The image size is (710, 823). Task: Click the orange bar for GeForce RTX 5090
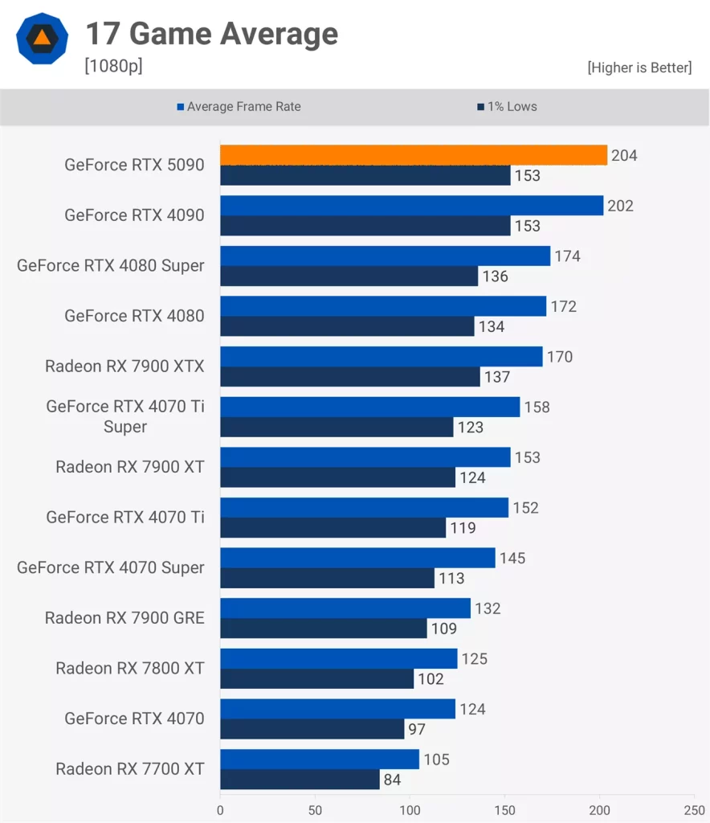[x=413, y=155]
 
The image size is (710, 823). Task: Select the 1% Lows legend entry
[x=507, y=107]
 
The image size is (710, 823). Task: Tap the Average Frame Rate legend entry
[x=239, y=107]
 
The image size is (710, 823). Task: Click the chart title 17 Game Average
[x=211, y=34]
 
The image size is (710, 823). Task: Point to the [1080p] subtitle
[x=113, y=66]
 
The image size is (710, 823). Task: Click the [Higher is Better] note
[x=639, y=68]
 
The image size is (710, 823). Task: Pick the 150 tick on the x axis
[x=505, y=809]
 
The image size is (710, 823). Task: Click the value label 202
[x=620, y=206]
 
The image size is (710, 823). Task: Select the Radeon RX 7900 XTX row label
[x=124, y=366]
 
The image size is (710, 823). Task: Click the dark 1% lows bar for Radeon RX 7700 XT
[x=300, y=780]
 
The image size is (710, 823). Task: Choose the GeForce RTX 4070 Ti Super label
[x=124, y=416]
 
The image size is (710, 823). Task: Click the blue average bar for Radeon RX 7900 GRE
[x=345, y=608]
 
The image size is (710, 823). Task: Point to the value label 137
[x=496, y=377]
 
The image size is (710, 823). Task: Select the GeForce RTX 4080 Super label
[x=111, y=266]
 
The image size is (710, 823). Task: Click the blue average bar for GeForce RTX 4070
[x=337, y=709]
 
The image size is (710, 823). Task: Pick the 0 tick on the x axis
[x=220, y=809]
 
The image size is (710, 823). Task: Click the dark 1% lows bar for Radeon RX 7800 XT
[x=316, y=679]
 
